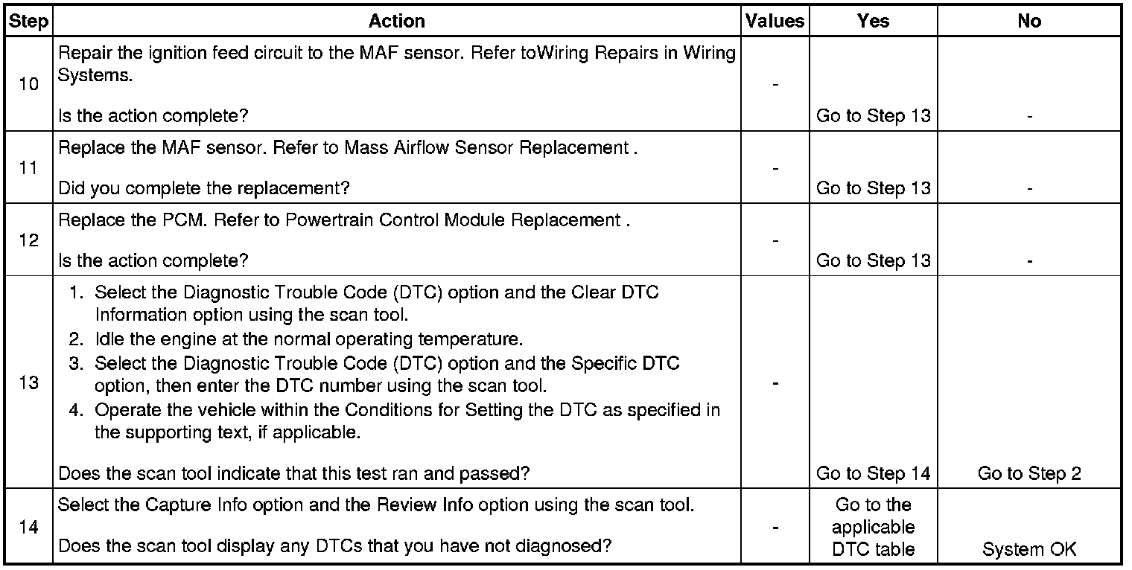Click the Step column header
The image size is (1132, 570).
pyautogui.click(x=28, y=22)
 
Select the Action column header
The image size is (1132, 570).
pyautogui.click(x=397, y=22)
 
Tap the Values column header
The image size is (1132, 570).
pyautogui.click(x=775, y=22)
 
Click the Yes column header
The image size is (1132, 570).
pyautogui.click(x=873, y=22)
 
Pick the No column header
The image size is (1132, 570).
pyautogui.click(x=1028, y=22)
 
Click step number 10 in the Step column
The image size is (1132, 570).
pyautogui.click(x=28, y=83)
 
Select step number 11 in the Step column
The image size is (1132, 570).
pyautogui.click(x=28, y=168)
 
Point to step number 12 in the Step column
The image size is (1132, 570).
pyautogui.click(x=28, y=240)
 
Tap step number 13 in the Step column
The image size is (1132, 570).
pyautogui.click(x=28, y=383)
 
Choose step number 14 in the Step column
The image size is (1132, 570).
pyautogui.click(x=28, y=527)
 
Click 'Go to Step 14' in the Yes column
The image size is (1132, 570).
pyautogui.click(x=873, y=473)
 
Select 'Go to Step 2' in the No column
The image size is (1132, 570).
pyautogui.click(x=1028, y=473)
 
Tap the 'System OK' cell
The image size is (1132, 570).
pyautogui.click(x=1028, y=550)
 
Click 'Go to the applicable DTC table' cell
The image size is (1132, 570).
pyautogui.click(x=873, y=527)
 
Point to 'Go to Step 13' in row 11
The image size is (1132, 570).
pyautogui.click(x=873, y=188)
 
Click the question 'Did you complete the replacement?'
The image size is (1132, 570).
pyautogui.click(x=203, y=188)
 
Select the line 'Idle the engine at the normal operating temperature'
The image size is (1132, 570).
pyautogui.click(x=308, y=339)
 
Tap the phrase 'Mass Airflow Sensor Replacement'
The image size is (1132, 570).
pyautogui.click(x=486, y=147)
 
